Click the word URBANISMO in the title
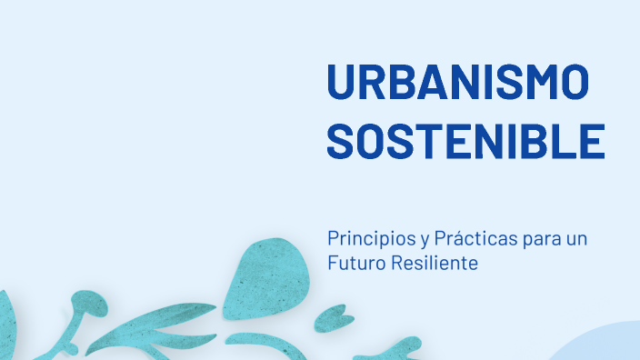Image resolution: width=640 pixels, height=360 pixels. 457,84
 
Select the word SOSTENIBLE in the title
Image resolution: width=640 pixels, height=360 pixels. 465,141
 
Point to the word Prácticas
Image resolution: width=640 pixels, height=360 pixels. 474,240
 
